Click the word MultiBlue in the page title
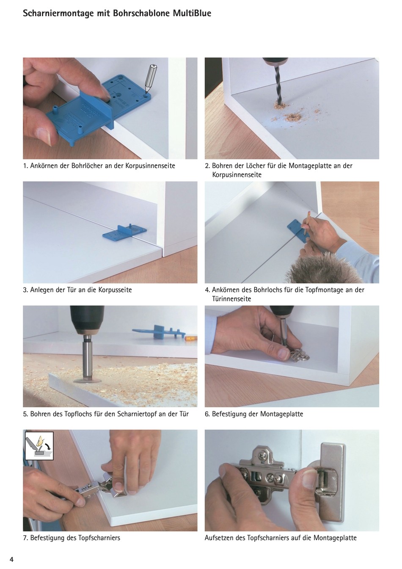point(192,13)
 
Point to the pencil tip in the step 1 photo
point(146,95)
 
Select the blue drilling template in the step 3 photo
point(124,232)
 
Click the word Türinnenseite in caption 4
point(231,299)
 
